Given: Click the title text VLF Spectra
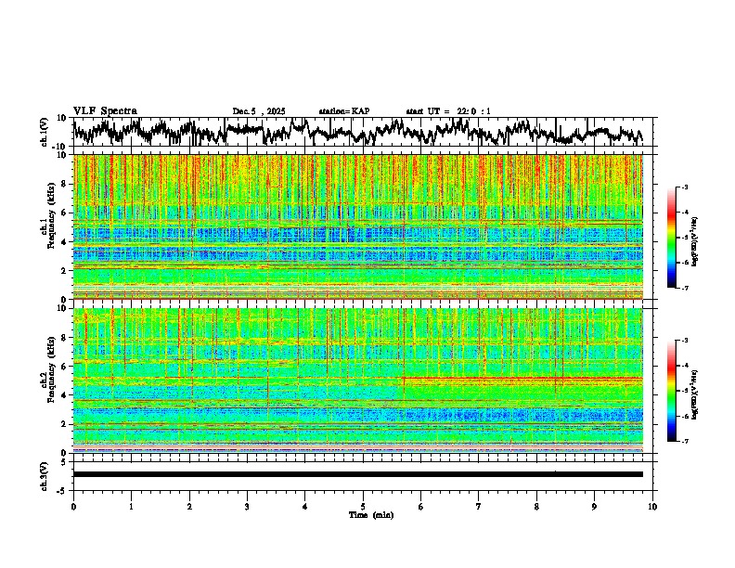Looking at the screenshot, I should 105,111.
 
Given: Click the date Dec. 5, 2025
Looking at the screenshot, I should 262,111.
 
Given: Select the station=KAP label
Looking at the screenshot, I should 344,111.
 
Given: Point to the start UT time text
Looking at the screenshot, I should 448,111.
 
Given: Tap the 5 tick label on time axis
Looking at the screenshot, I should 363,506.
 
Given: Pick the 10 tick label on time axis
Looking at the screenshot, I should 652,506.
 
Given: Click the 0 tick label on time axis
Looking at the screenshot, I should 73,506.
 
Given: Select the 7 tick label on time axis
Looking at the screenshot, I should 479,506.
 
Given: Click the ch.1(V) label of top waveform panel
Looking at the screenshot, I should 45,133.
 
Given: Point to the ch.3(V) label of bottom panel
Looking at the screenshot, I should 45,473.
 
